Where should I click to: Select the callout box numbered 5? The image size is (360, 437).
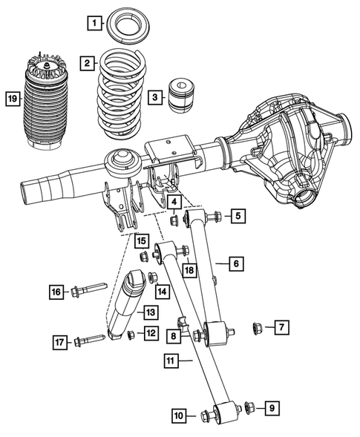pyautogui.click(x=238, y=217)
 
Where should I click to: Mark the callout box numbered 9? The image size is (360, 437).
pyautogui.click(x=272, y=407)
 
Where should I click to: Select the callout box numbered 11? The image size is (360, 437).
pyautogui.click(x=170, y=361)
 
